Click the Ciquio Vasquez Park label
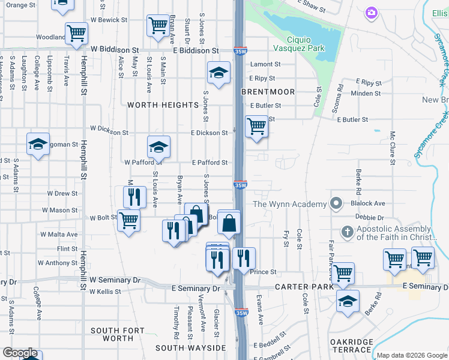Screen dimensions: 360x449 tap(298, 43)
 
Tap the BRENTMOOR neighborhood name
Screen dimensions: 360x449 tap(268, 92)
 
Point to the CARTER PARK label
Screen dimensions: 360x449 tap(304, 287)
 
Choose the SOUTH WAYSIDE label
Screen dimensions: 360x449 tap(191, 348)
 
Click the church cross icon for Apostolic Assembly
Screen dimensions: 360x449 tap(347, 232)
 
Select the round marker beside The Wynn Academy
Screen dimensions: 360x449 tap(336, 204)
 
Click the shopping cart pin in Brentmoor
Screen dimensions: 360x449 tap(256, 127)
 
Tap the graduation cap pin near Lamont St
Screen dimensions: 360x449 tap(218, 73)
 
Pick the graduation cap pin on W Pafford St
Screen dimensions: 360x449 tap(158, 146)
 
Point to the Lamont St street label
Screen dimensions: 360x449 tap(266, 64)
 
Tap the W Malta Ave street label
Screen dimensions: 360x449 tap(59, 235)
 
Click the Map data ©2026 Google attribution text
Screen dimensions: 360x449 tap(412, 355)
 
